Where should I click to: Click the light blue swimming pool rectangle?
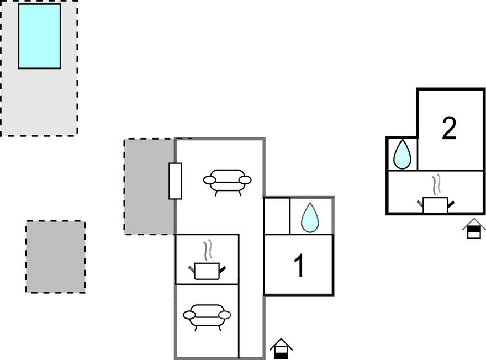pyautogui.click(x=39, y=36)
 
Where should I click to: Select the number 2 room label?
pyautogui.click(x=449, y=128)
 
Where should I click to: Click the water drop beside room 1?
pyautogui.click(x=310, y=218)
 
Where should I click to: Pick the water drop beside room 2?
pyautogui.click(x=402, y=154)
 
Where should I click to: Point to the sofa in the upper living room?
pyautogui.click(x=227, y=182)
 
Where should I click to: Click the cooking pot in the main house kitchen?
pyautogui.click(x=207, y=271)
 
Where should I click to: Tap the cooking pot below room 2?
pyautogui.click(x=436, y=205)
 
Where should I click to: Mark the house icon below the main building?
pyautogui.click(x=281, y=348)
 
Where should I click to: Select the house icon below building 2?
pyautogui.click(x=474, y=229)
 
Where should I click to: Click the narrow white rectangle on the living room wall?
pyautogui.click(x=175, y=181)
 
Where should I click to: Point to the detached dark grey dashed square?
pyautogui.click(x=56, y=257)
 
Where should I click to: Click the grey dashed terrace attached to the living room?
pyautogui.click(x=150, y=187)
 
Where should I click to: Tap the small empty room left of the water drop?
pyautogui.click(x=277, y=216)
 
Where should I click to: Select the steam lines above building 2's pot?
pyautogui.click(x=436, y=184)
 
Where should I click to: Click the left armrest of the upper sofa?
pyautogui.click(x=209, y=179)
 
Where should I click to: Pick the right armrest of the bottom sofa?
pyautogui.click(x=225, y=315)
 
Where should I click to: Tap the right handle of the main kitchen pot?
pyautogui.click(x=223, y=269)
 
